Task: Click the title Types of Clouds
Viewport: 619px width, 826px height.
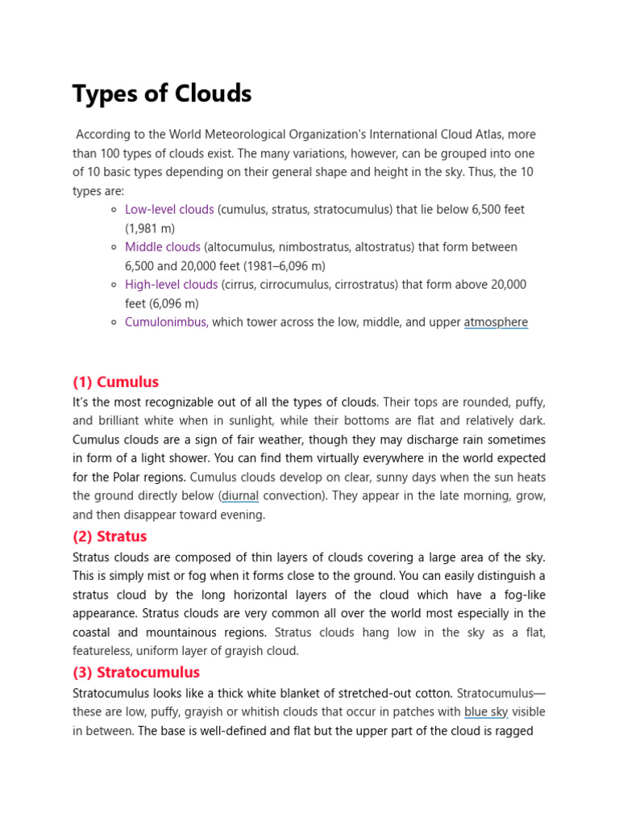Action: (x=162, y=94)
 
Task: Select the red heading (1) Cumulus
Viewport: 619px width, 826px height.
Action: (x=115, y=382)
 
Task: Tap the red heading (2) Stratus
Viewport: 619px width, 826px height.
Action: (x=110, y=536)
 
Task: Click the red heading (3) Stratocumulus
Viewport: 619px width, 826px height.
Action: (x=136, y=672)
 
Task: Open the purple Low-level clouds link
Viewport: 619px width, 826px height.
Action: (x=169, y=210)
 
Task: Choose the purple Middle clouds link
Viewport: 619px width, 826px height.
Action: (x=162, y=247)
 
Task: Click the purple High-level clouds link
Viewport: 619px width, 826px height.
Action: (x=171, y=285)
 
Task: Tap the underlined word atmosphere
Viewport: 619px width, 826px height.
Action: (x=496, y=323)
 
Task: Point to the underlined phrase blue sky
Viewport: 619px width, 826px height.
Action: (x=486, y=712)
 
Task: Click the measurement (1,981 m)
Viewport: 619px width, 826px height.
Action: (x=150, y=228)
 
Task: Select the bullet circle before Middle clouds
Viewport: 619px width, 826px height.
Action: (x=115, y=248)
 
